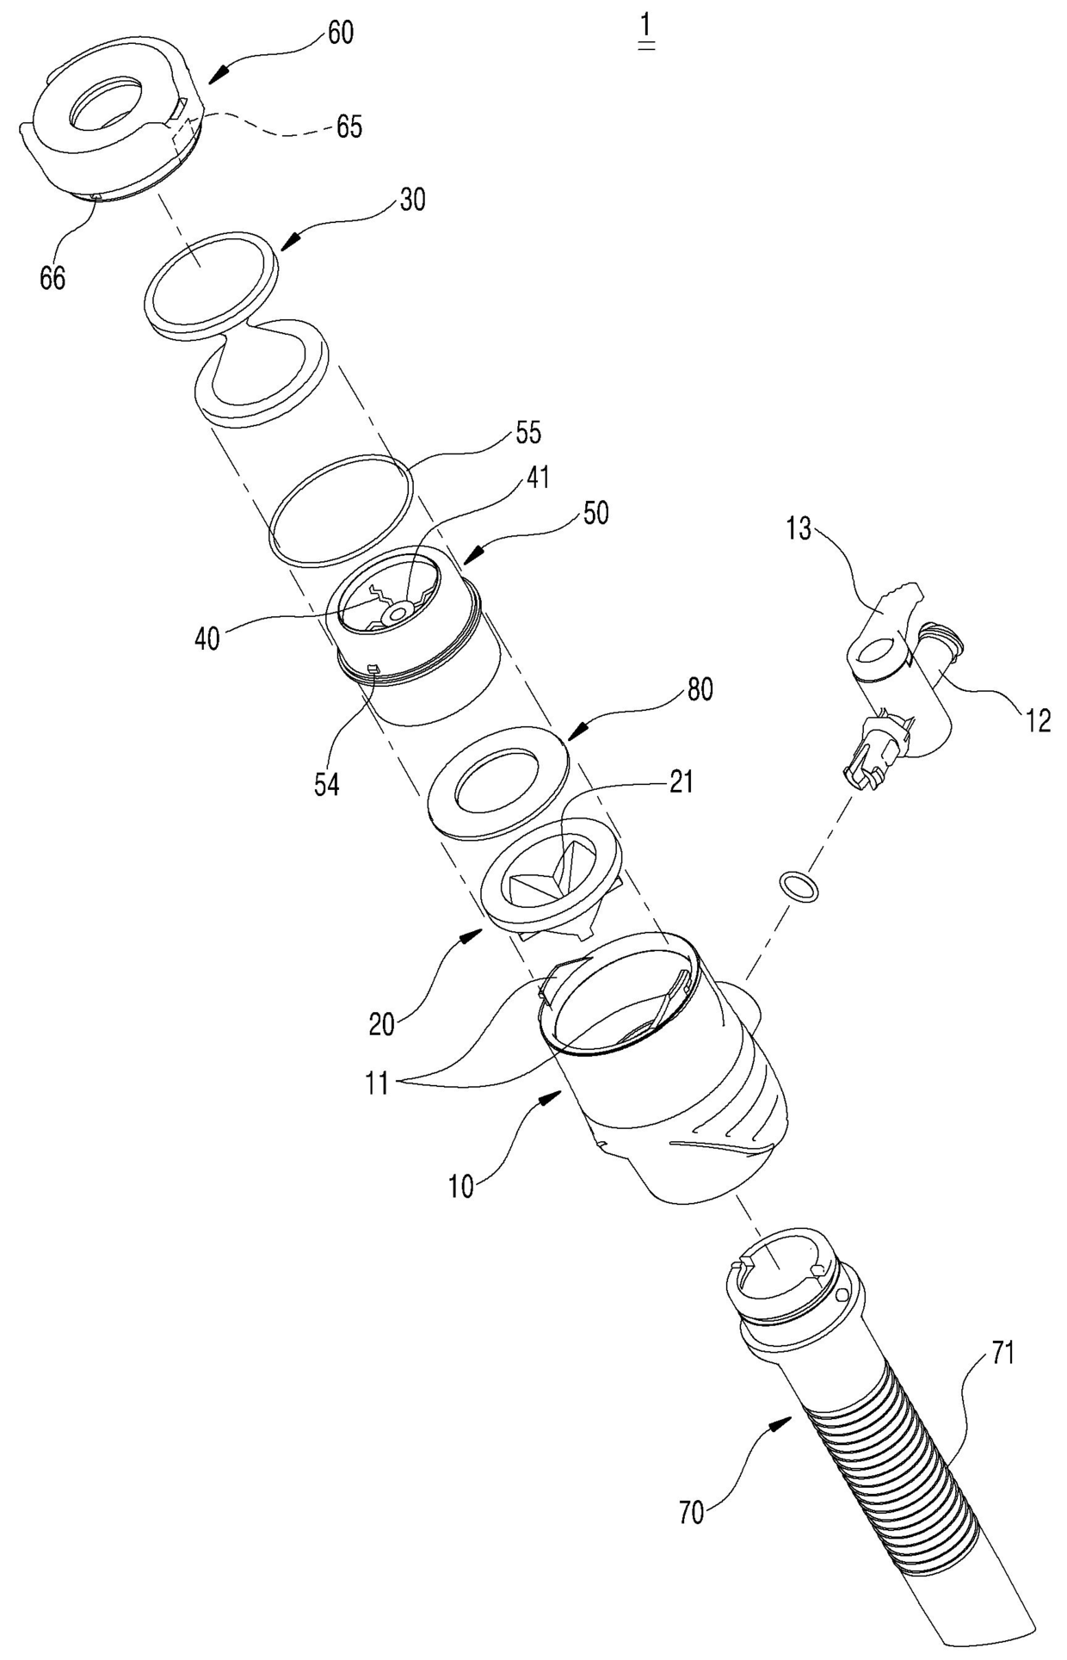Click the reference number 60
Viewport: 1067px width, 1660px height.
[340, 34]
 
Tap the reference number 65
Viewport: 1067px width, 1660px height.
[348, 127]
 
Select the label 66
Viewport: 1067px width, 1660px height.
[52, 278]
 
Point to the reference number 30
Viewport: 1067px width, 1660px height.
[412, 201]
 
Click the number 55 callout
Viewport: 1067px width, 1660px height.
[528, 433]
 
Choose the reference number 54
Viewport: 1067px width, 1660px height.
[326, 785]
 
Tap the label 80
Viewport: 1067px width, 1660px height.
[700, 690]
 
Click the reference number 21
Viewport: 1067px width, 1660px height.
[681, 784]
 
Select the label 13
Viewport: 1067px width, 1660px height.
[799, 529]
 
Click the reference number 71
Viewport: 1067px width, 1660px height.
[999, 1354]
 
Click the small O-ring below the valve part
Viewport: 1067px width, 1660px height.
[797, 883]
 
